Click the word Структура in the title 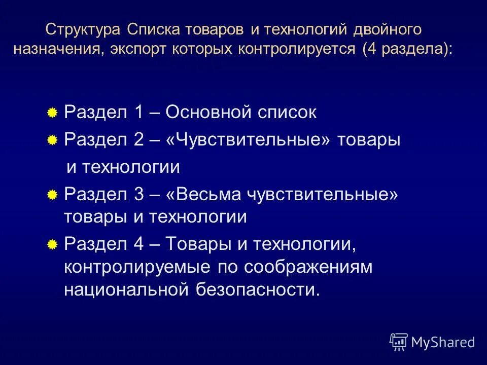83,30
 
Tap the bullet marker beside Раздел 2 52,141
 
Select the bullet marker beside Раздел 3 52,195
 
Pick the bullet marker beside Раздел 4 52,246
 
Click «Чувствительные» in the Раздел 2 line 248,140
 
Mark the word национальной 129,290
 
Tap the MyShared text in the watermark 443,342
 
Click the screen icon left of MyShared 399,342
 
